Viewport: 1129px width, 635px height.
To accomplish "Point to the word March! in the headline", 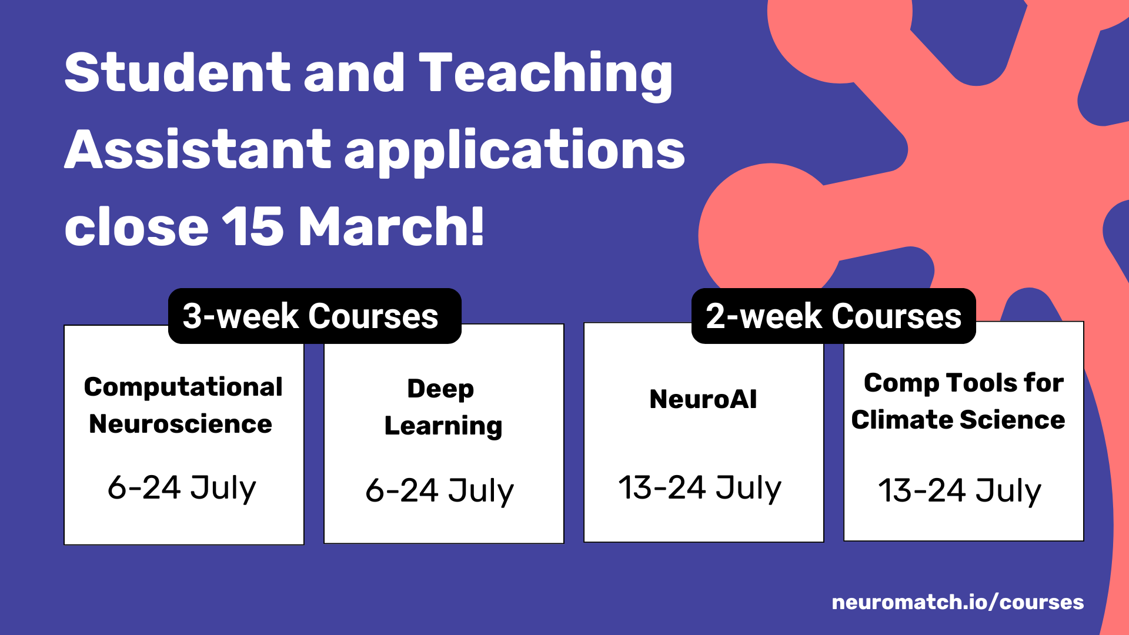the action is (x=392, y=226).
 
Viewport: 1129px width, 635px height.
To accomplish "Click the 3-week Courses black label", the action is (x=315, y=316).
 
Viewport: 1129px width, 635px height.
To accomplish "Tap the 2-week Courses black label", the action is (x=834, y=316).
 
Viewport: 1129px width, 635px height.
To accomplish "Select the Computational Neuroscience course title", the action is (x=183, y=405).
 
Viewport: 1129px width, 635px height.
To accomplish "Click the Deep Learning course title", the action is (x=443, y=407).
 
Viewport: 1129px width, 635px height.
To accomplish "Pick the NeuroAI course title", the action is (x=703, y=399).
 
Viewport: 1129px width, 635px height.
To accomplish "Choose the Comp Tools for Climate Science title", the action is (x=959, y=402).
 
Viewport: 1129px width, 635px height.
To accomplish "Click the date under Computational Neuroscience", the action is (x=182, y=488).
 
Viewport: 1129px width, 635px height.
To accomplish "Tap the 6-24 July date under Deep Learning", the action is (x=440, y=491).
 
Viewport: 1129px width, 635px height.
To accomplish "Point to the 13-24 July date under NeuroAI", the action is (x=700, y=488).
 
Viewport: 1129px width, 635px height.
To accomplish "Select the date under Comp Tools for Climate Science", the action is (x=960, y=491).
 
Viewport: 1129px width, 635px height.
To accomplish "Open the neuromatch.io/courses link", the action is (x=958, y=603).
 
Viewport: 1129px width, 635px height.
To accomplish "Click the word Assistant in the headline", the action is (x=198, y=150).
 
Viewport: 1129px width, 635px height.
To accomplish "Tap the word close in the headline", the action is (x=136, y=226).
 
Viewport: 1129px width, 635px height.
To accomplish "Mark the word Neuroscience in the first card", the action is (x=181, y=424).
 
